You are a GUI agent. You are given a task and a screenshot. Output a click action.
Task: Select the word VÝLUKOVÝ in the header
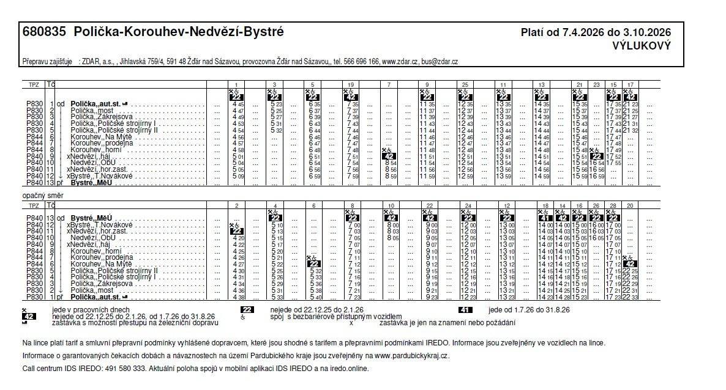[x=642, y=45]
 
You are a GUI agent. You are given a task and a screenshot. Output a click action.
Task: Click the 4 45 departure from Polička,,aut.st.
[x=238, y=104]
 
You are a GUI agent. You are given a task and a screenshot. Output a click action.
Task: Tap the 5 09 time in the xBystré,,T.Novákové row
[x=238, y=176]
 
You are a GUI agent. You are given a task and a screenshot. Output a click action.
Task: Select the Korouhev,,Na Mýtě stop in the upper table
[x=97, y=137]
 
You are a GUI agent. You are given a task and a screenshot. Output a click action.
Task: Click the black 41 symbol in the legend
[x=465, y=310]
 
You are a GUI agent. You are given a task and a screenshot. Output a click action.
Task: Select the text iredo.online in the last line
[x=349, y=369]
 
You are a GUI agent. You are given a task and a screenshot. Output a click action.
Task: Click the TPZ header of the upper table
[x=34, y=84]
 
